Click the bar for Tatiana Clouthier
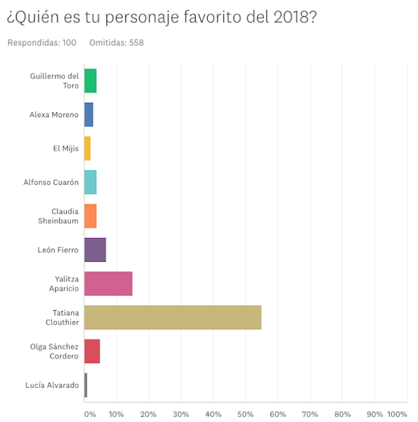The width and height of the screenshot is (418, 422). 173,317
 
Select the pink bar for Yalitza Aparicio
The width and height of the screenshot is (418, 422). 108,283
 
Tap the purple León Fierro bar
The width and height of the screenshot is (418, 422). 95,250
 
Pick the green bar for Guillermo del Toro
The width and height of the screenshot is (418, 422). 90,81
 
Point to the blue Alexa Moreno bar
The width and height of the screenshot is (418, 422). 88,115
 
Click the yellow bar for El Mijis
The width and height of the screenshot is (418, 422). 87,148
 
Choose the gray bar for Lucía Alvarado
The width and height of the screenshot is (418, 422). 86,385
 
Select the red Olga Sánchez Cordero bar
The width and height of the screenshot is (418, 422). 92,351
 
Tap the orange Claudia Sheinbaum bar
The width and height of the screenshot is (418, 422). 90,216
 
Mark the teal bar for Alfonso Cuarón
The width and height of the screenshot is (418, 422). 90,182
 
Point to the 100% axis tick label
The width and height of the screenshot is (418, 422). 397,414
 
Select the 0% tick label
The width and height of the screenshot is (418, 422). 89,414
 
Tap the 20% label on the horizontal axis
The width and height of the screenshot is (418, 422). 149,414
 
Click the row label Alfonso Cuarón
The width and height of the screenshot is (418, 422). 51,182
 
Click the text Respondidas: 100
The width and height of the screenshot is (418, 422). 41,42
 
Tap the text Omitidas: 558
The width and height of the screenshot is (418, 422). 116,42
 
